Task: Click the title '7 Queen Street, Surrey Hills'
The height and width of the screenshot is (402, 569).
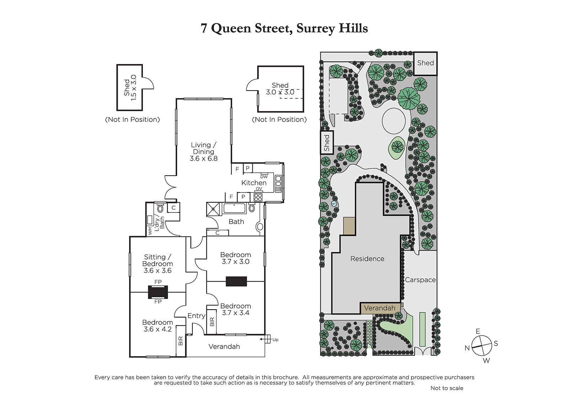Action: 284,28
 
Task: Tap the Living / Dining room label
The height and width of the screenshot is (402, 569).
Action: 203,152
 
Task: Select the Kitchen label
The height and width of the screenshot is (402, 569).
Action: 254,183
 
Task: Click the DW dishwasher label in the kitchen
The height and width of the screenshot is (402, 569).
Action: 264,177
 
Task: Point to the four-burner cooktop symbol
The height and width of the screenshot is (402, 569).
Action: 258,197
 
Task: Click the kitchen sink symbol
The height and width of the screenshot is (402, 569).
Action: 278,184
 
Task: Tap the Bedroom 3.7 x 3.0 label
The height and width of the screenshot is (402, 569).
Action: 235,258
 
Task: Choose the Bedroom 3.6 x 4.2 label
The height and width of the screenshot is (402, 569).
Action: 158,326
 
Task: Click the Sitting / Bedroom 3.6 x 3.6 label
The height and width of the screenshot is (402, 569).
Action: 158,264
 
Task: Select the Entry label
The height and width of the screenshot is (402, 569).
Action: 196,316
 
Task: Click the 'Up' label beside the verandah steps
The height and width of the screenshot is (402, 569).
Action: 275,339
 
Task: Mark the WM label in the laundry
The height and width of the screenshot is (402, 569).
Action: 150,231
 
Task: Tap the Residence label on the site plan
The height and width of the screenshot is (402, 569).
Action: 367,259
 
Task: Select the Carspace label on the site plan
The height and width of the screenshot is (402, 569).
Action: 420,280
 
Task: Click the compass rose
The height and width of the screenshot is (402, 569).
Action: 482,345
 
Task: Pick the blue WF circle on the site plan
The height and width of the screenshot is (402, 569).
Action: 334,204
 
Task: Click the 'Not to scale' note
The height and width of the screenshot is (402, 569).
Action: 447,388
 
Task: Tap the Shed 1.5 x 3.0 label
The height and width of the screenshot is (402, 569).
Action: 130,87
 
